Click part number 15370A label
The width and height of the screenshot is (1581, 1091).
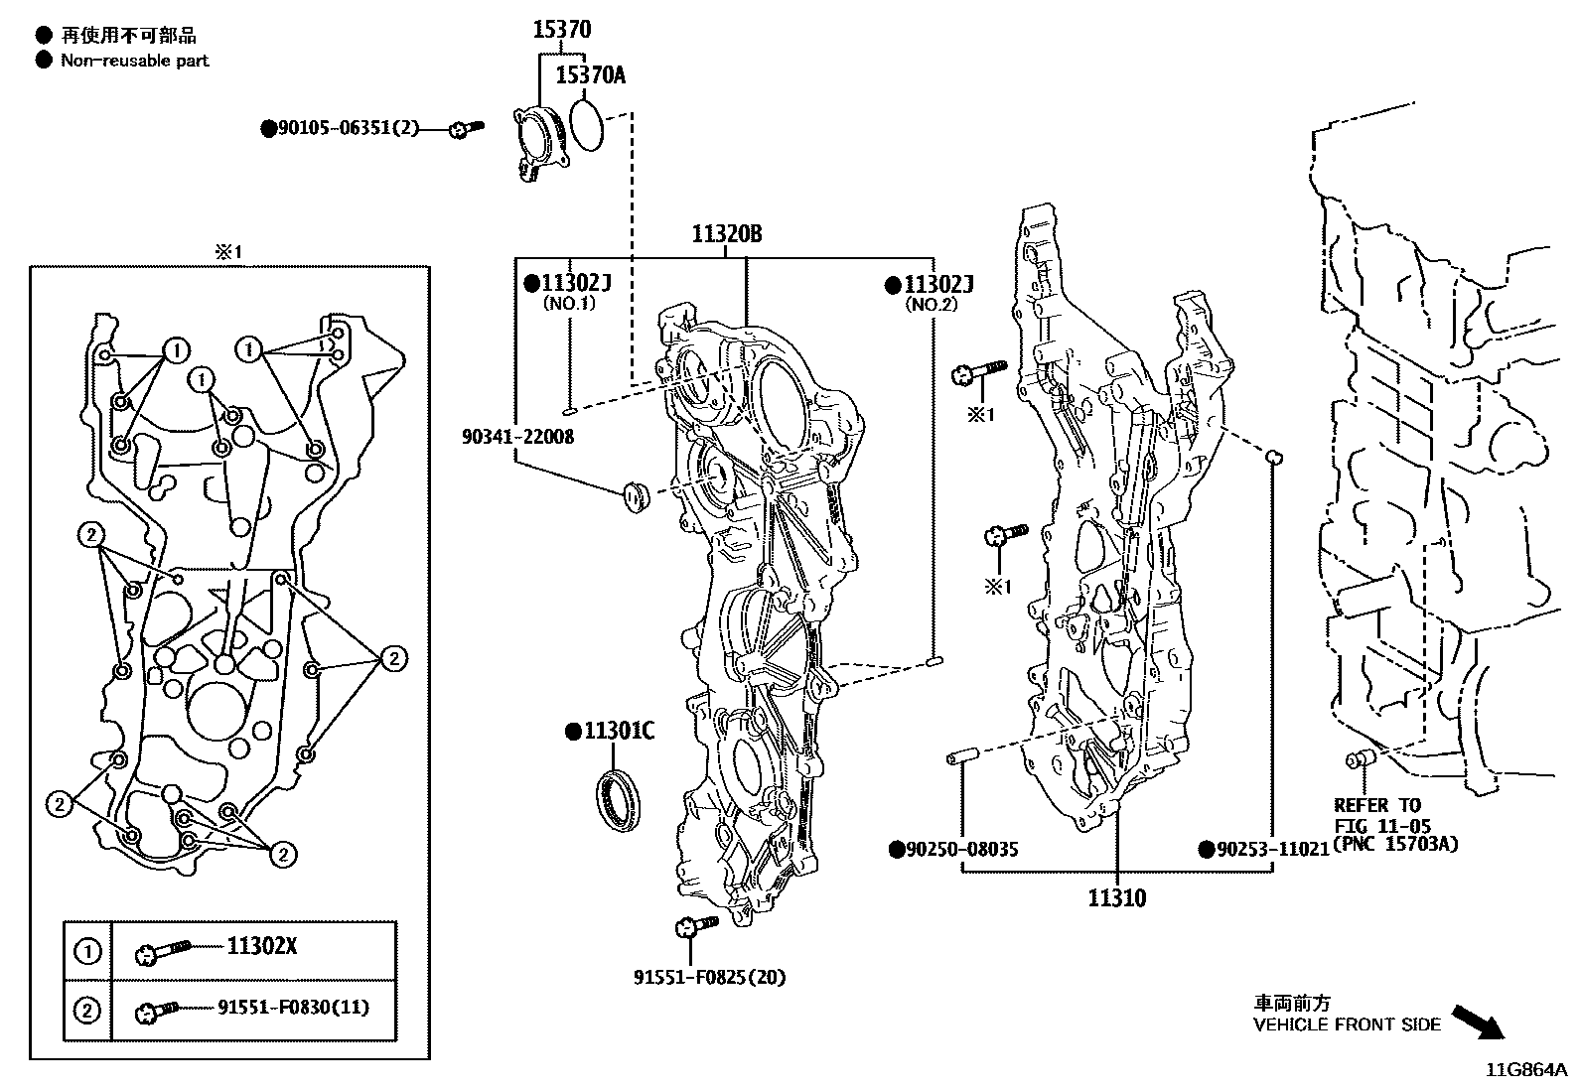pyautogui.click(x=590, y=74)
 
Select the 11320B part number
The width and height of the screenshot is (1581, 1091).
pyautogui.click(x=727, y=235)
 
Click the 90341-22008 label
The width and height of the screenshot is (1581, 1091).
pyautogui.click(x=517, y=437)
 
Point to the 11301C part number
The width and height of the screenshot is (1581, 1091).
pyautogui.click(x=617, y=732)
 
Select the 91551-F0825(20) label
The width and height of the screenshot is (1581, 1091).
pyautogui.click(x=709, y=977)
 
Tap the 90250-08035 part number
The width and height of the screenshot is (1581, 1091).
pyautogui.click(x=961, y=850)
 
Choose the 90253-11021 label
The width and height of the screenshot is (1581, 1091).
pyautogui.click(x=1271, y=850)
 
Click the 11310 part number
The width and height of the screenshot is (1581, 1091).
pyautogui.click(x=1116, y=898)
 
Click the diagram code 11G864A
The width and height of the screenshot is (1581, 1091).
pyautogui.click(x=1525, y=1070)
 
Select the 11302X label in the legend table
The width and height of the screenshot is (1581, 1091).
pyautogui.click(x=262, y=946)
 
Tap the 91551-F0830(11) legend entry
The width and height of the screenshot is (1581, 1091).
pyautogui.click(x=293, y=1008)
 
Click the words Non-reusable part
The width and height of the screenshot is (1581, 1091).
pyautogui.click(x=135, y=61)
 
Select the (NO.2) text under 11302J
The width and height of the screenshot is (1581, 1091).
pyautogui.click(x=931, y=305)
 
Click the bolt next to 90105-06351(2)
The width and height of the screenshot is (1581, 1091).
pyautogui.click(x=465, y=128)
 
